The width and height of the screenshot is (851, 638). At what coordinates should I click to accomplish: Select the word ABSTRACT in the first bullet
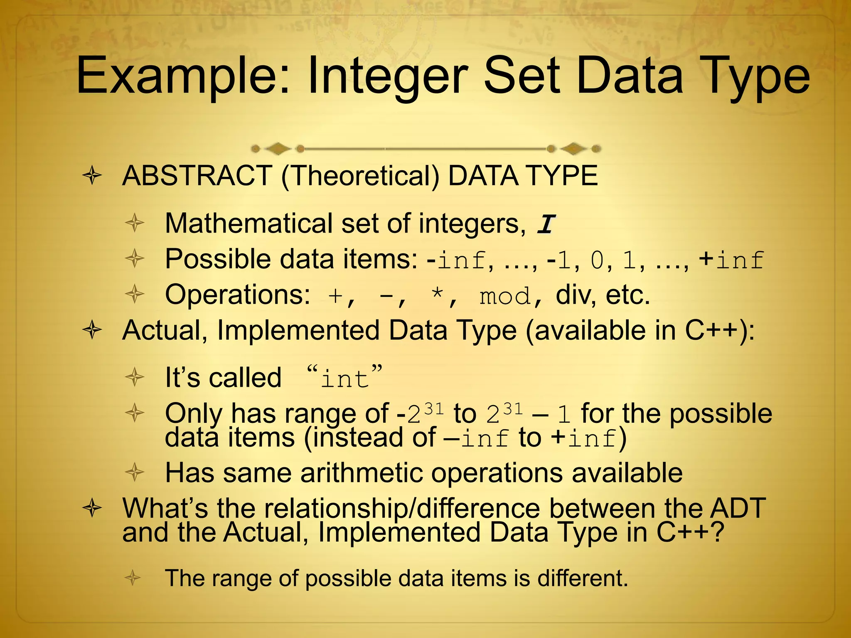click(x=197, y=176)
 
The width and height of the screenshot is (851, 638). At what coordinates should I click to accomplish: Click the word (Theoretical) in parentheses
click(x=360, y=176)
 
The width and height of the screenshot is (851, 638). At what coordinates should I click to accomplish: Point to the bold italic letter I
click(x=546, y=224)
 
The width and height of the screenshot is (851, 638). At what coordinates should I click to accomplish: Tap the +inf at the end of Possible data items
click(x=731, y=260)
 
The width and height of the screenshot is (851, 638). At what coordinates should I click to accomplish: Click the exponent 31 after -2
click(x=434, y=409)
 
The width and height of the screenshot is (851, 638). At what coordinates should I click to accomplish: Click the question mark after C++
click(x=716, y=532)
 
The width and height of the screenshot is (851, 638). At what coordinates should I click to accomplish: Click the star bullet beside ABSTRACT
click(x=92, y=176)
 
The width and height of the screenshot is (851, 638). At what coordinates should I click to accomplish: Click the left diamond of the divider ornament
click(x=277, y=149)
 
